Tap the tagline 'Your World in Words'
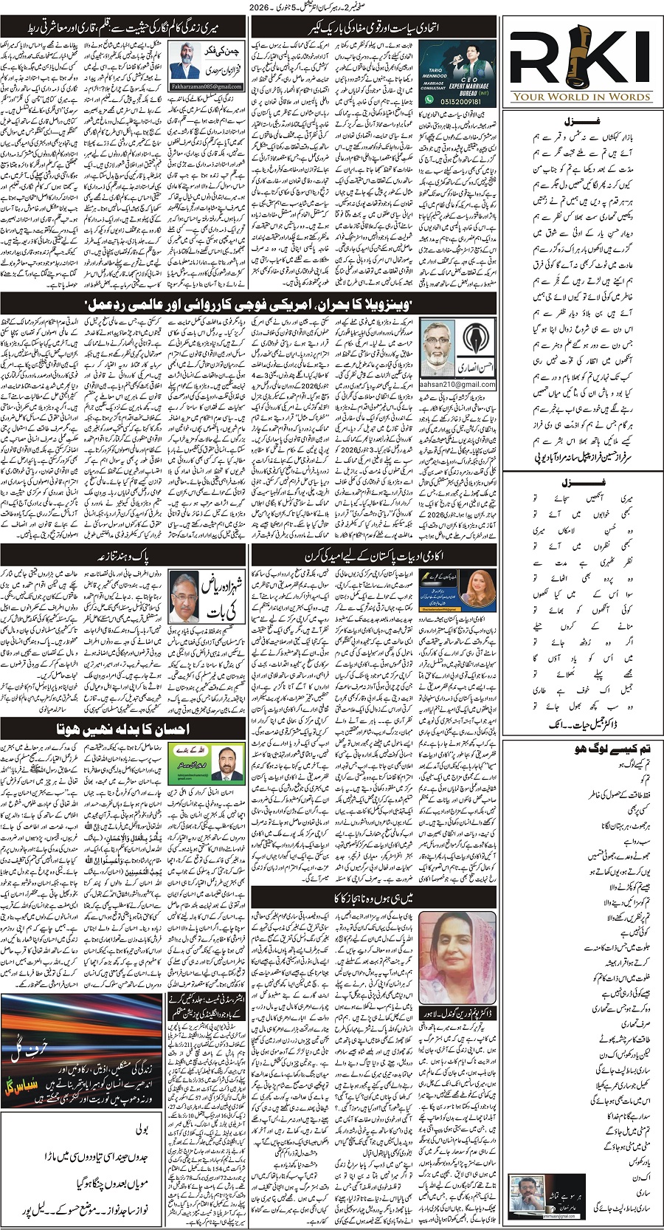pyautogui.click(x=582, y=96)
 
